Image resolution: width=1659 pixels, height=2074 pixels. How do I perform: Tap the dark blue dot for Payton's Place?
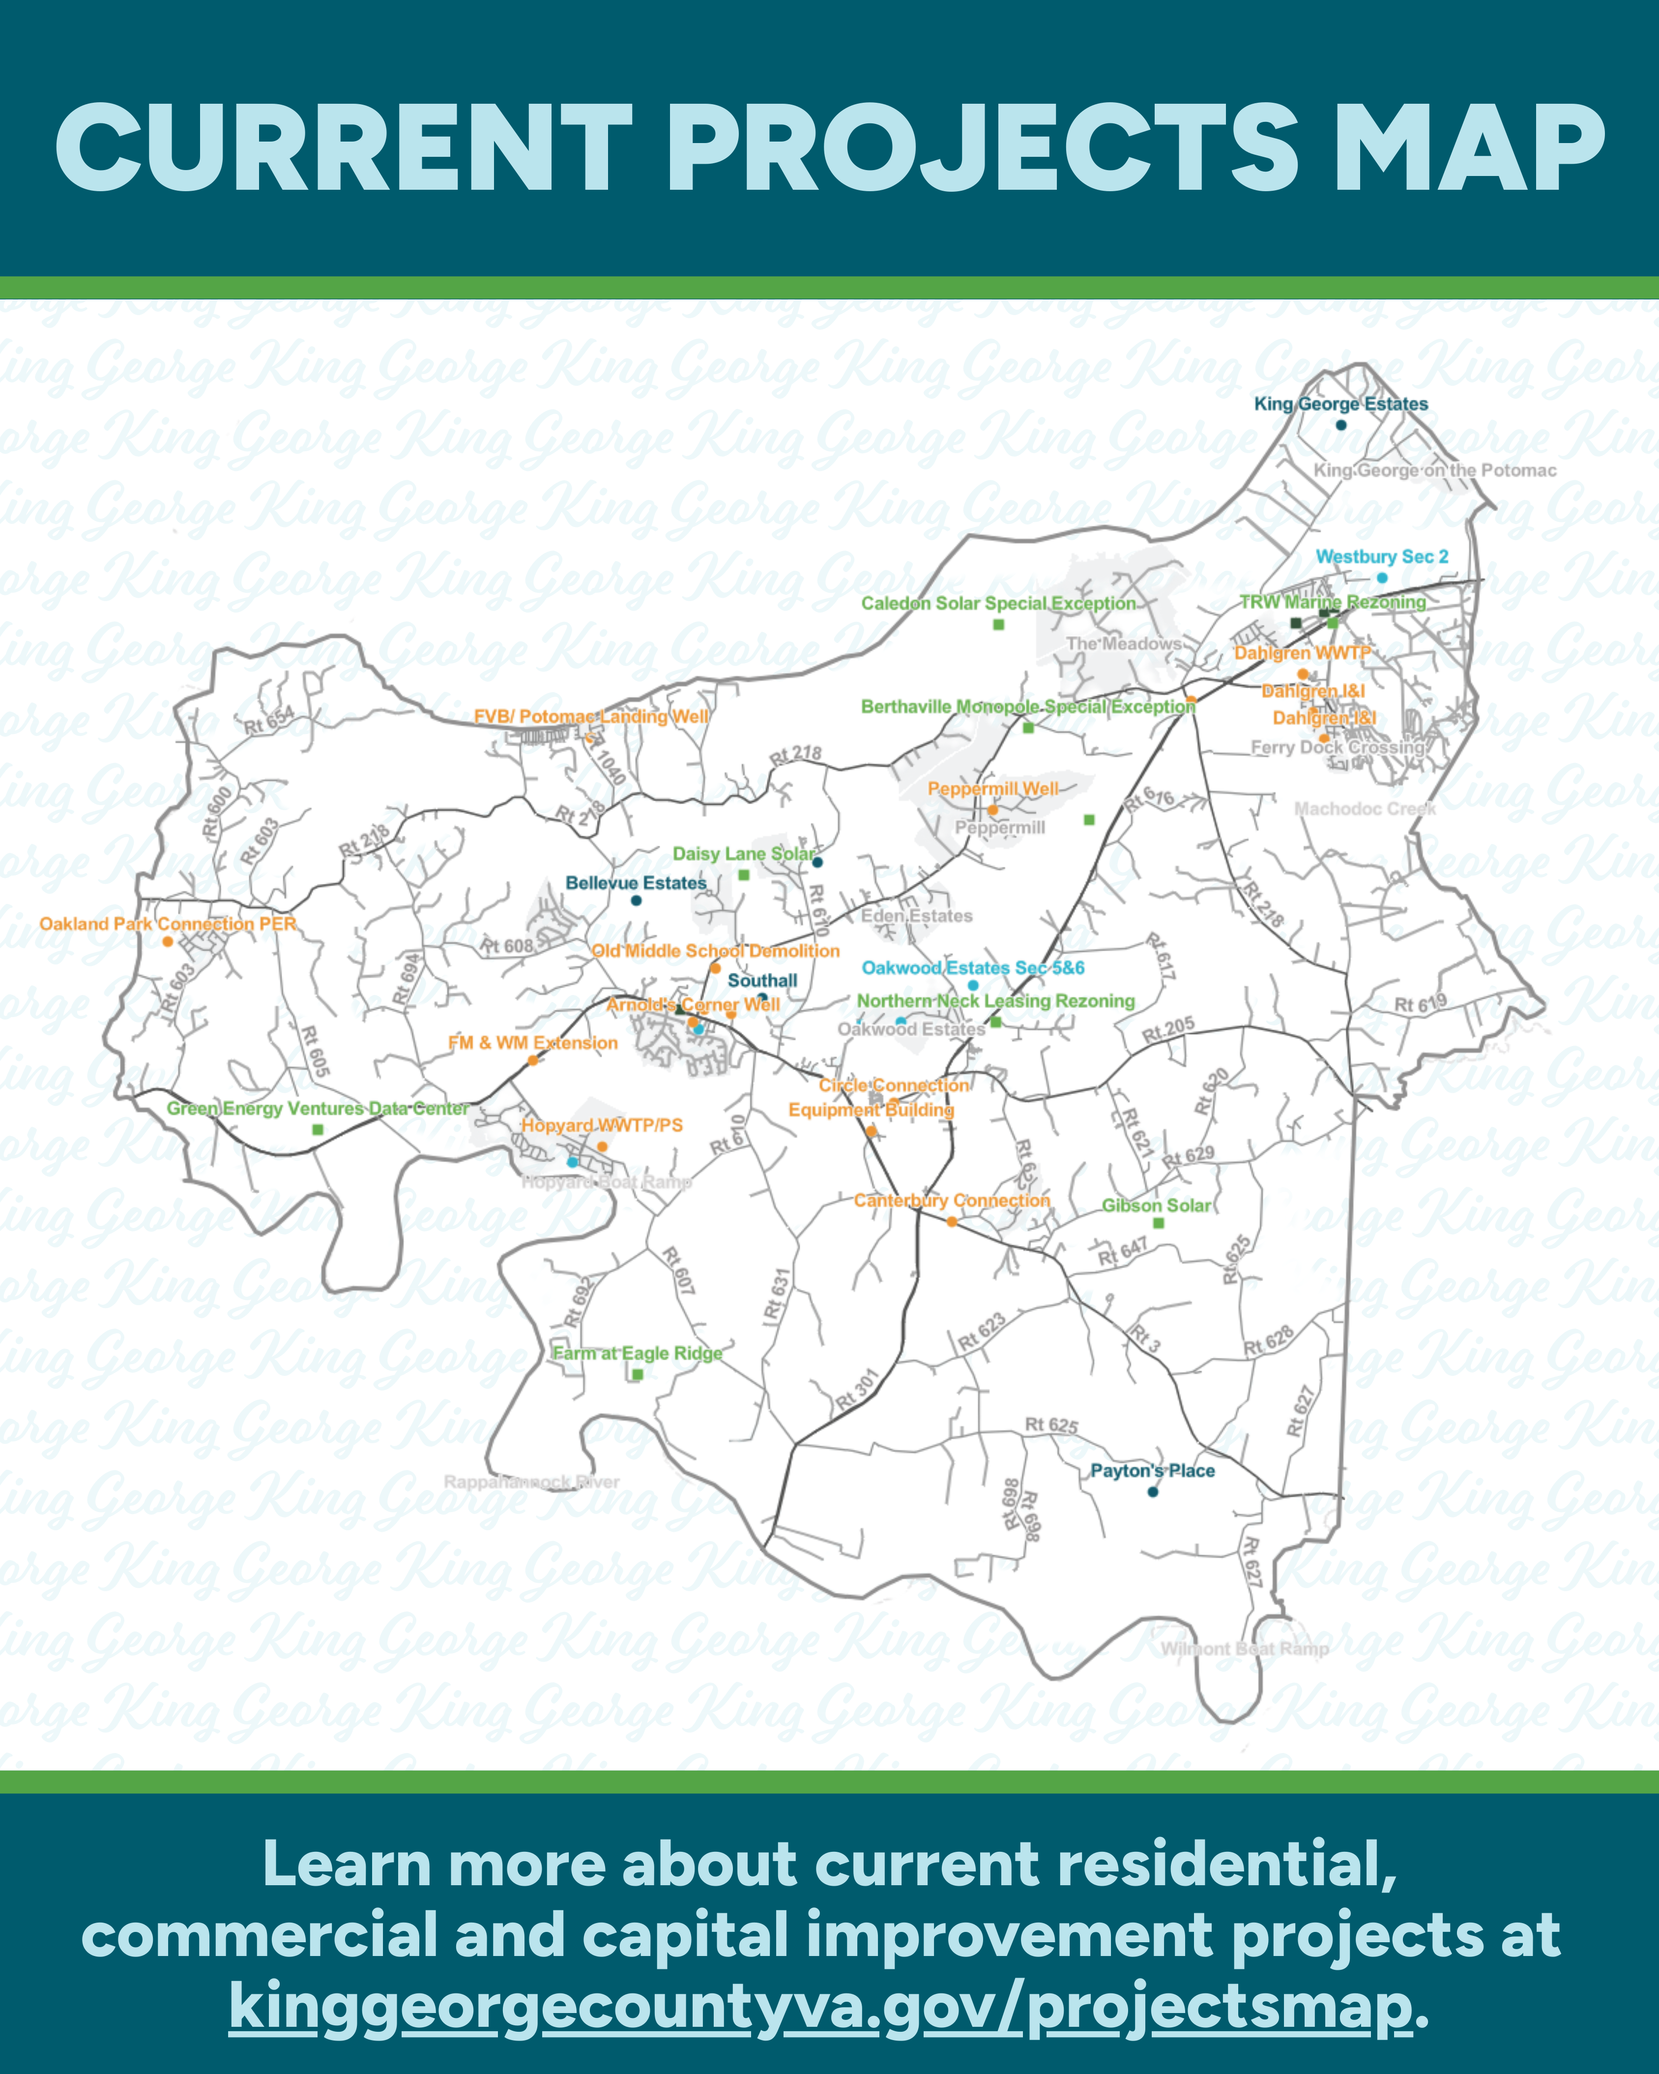click(1152, 1492)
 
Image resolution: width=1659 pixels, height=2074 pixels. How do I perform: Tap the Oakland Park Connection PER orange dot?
click(167, 942)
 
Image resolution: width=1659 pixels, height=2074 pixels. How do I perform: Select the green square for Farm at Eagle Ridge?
click(637, 1374)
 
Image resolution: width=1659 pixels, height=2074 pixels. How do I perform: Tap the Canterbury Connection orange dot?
click(951, 1222)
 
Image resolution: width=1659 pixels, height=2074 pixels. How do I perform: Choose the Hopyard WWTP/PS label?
click(602, 1126)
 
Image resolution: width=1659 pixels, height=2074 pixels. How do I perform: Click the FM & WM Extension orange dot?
click(533, 1061)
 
